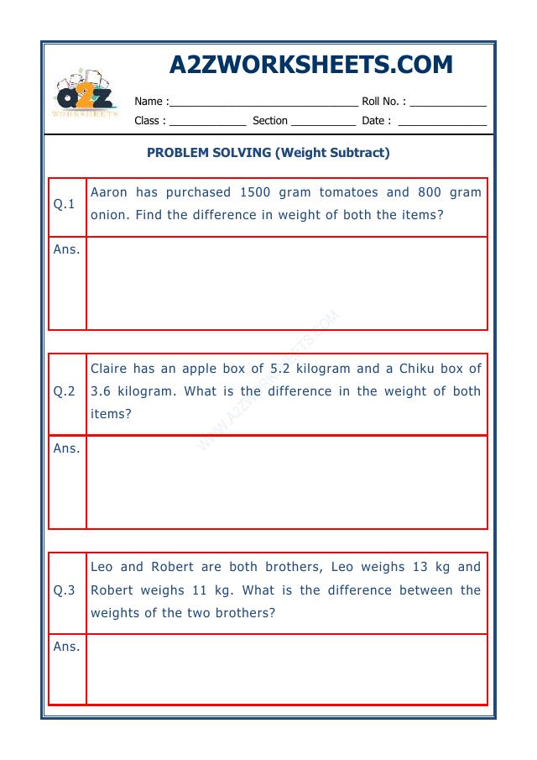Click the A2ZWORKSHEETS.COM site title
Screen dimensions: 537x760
click(310, 65)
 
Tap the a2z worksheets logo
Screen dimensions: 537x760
click(85, 95)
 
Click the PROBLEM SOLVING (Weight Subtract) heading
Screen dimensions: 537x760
click(268, 153)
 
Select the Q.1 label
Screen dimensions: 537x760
click(65, 204)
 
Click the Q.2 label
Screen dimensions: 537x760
click(65, 391)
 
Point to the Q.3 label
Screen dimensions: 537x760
click(65, 590)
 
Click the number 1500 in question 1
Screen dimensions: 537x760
click(255, 192)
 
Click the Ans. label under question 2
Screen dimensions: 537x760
click(66, 448)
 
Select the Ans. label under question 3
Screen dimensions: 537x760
click(66, 647)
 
